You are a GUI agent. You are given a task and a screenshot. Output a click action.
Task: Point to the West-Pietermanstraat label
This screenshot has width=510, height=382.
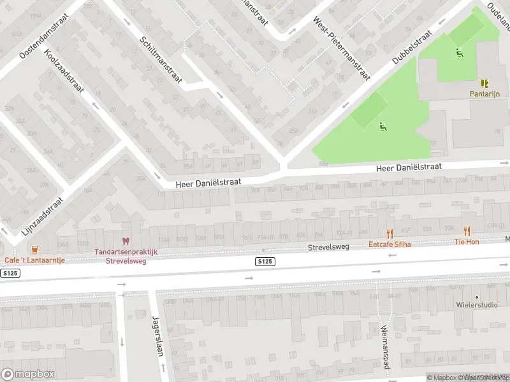pyautogui.click(x=340, y=48)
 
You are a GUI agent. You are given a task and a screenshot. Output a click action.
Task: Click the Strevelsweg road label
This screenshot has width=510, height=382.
pyautogui.click(x=329, y=247)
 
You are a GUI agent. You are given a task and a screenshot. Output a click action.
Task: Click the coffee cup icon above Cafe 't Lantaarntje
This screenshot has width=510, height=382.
pyautogui.click(x=34, y=249)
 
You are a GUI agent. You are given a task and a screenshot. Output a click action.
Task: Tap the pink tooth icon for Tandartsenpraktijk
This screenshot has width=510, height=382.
pyautogui.click(x=126, y=241)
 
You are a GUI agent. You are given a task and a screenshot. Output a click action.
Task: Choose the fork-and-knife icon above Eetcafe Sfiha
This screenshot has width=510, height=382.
pyautogui.click(x=390, y=233)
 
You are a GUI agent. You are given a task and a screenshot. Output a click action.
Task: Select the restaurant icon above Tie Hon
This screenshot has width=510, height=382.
pyautogui.click(x=467, y=231)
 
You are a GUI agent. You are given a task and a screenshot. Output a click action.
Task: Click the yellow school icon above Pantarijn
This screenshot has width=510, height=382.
pyautogui.click(x=484, y=83)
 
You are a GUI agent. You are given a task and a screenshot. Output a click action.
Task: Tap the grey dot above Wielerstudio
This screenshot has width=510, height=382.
pyautogui.click(x=476, y=297)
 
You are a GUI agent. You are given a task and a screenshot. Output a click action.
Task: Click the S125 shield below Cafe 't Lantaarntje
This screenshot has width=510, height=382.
pyautogui.click(x=10, y=272)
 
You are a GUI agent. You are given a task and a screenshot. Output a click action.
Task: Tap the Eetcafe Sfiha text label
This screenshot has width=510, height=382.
pyautogui.click(x=390, y=244)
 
